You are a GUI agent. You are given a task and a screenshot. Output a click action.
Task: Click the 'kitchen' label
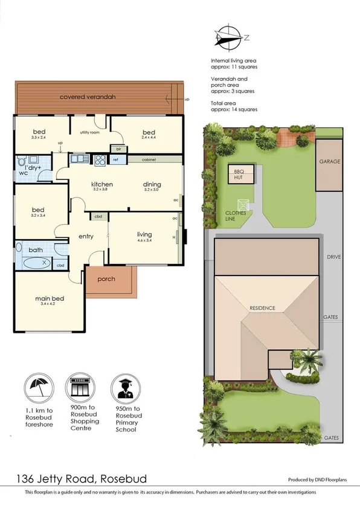click(x=103, y=184)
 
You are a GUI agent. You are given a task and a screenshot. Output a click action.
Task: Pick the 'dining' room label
click(x=152, y=184)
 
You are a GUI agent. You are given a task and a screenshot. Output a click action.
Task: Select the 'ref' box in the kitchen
click(x=115, y=160)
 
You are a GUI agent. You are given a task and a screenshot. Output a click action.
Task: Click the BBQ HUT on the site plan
click(x=240, y=174)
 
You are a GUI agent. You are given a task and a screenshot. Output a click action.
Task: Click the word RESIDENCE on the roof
click(x=262, y=308)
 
